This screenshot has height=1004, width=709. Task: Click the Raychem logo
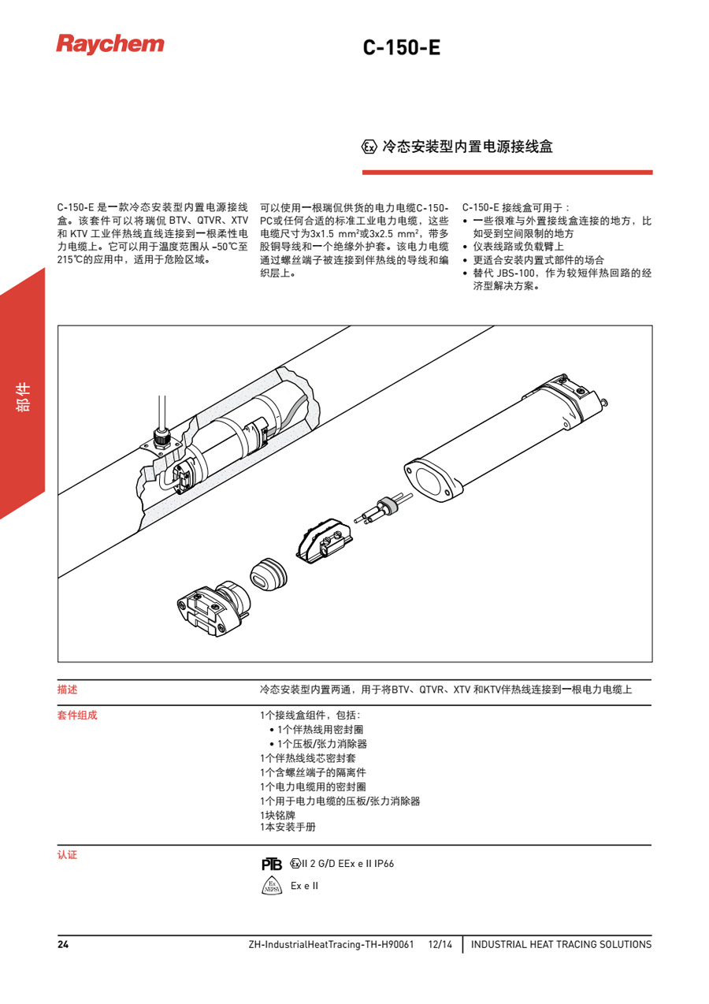coord(110,43)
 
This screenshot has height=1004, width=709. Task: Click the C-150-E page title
coord(401,47)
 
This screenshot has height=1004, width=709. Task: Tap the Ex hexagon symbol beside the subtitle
coord(369,147)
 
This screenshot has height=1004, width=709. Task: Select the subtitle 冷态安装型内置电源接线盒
coord(467,147)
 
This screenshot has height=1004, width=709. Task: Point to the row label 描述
coord(67,689)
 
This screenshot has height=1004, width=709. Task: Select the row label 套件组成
coord(77,716)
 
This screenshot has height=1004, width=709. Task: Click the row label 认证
coord(67,854)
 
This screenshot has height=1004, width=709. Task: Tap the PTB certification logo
coord(271,864)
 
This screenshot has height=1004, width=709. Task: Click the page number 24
coord(62,944)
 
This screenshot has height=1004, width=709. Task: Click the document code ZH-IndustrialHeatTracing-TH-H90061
coord(331,944)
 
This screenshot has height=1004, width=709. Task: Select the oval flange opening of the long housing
coord(429,480)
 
